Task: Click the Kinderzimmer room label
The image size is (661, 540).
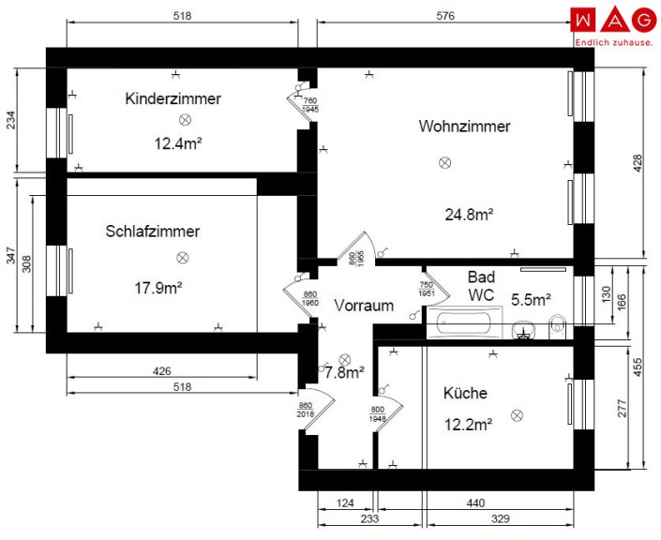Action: point(173,98)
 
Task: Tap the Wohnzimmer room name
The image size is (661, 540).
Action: point(464,126)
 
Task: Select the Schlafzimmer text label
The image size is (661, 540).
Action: point(152,231)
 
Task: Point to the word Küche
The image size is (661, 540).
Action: point(465,393)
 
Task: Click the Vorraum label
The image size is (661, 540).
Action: point(364,306)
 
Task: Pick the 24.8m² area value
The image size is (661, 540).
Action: point(469,215)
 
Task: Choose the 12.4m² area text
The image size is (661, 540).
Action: point(178,143)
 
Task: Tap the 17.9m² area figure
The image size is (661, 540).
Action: point(158,289)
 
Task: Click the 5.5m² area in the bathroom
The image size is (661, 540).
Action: point(531,300)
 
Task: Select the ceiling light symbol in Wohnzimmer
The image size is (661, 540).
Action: point(444,162)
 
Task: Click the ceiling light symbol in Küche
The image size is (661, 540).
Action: point(517,415)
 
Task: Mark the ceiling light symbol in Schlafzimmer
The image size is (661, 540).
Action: point(182,258)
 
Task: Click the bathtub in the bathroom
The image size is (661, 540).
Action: point(464,322)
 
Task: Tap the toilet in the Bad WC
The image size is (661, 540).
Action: point(557,326)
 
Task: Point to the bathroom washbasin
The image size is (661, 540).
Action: point(523,330)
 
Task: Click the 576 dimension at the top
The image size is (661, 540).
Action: point(445,16)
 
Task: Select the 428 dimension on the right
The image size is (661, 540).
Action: point(638,163)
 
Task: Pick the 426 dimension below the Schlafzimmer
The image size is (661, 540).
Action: point(162,371)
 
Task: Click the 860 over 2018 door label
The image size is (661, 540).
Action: point(306,410)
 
